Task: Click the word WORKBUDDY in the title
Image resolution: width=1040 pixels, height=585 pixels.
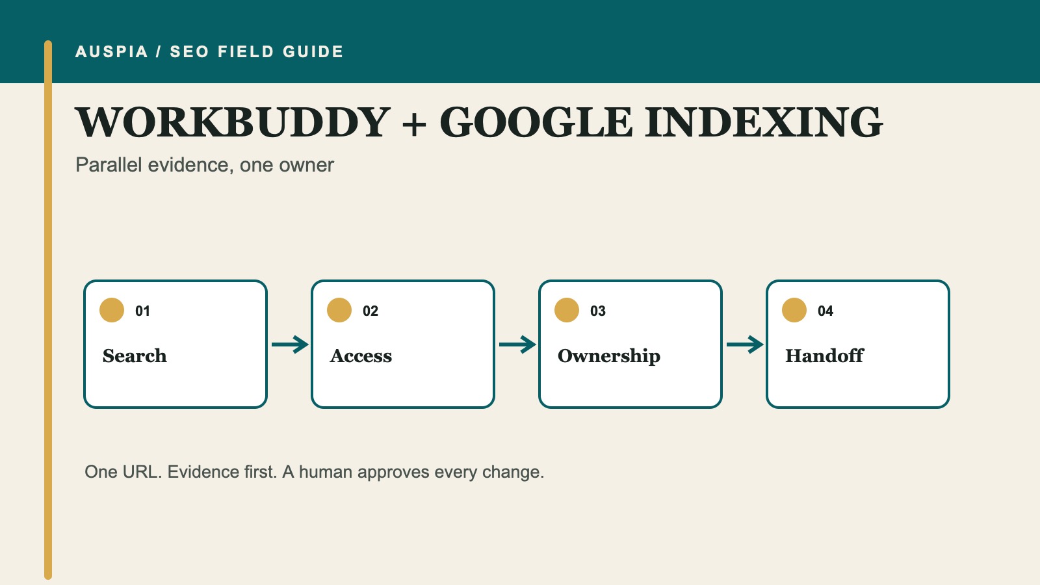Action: (x=233, y=122)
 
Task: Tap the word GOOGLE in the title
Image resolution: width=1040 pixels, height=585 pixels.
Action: (x=536, y=122)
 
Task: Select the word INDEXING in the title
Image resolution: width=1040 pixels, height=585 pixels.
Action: (x=764, y=122)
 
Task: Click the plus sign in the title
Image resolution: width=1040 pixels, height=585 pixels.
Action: (x=414, y=124)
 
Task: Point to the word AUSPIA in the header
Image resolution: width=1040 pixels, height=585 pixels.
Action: (x=112, y=51)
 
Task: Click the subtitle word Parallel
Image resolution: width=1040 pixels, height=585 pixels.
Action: (x=109, y=165)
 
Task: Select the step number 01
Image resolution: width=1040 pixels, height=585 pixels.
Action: (x=142, y=311)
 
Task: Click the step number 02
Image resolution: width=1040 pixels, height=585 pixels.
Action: (x=370, y=311)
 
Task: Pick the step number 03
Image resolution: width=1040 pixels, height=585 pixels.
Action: (x=598, y=311)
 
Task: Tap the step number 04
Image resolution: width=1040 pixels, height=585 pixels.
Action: (x=825, y=311)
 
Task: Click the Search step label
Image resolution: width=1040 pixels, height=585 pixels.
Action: (x=135, y=356)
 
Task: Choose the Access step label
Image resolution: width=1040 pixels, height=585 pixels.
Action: (x=361, y=356)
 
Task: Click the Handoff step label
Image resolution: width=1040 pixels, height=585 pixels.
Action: (x=825, y=356)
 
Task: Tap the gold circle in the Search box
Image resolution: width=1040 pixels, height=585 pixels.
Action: (x=112, y=310)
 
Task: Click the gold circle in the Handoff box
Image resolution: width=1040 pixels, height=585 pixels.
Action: (x=794, y=310)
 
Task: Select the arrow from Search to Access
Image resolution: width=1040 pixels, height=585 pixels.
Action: (x=290, y=344)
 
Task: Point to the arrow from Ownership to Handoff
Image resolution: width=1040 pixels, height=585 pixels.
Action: (x=745, y=344)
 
